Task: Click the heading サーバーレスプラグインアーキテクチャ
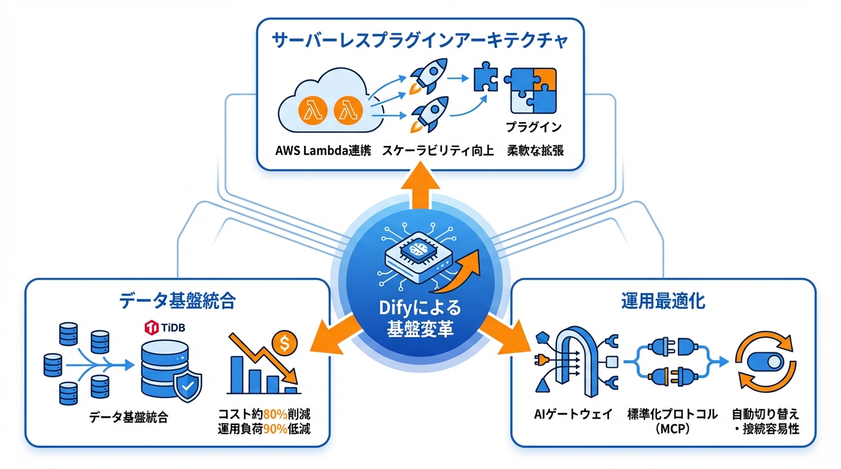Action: tap(420, 42)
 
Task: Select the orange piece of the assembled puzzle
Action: tap(545, 80)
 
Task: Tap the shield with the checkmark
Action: tap(188, 386)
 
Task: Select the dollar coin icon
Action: tap(285, 344)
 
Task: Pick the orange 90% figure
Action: tap(276, 429)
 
